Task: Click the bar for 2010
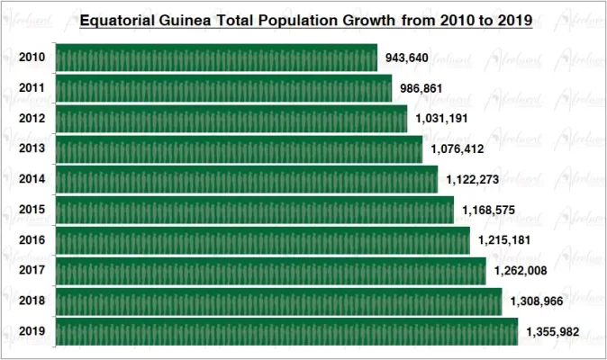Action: [216, 58]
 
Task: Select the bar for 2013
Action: [239, 148]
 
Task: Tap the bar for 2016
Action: [262, 239]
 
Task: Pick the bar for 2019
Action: [286, 331]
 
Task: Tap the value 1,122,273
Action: [475, 180]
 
